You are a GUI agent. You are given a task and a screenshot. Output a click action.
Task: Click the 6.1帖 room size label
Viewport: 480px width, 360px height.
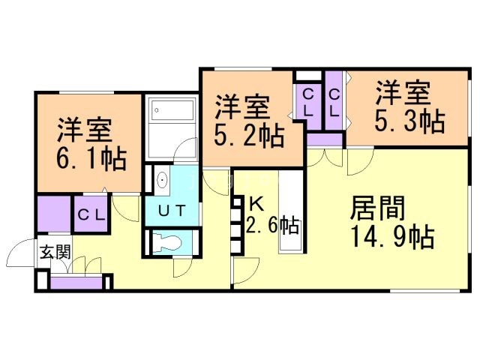pyautogui.click(x=91, y=159)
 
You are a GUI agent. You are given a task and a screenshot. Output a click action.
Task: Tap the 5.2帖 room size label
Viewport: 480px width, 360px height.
pyautogui.click(x=249, y=136)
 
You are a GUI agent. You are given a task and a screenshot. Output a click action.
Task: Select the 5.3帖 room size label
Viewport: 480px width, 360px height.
pyautogui.click(x=409, y=121)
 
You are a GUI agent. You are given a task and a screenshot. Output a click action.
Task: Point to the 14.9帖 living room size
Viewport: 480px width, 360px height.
pyautogui.click(x=393, y=237)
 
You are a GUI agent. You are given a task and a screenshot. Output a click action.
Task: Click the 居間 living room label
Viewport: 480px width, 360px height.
pyautogui.click(x=378, y=208)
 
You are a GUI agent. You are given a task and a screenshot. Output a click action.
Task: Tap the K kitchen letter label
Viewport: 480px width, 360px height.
pyautogui.click(x=256, y=204)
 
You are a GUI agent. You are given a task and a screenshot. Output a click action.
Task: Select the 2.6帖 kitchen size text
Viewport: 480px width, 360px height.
pyautogui.click(x=272, y=225)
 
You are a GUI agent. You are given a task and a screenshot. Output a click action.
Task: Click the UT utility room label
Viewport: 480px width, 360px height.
pyautogui.click(x=172, y=211)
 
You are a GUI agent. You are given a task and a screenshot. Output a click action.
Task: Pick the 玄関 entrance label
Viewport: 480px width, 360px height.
pyautogui.click(x=55, y=252)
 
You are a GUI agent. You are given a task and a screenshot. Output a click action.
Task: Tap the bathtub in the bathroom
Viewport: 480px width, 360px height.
pyautogui.click(x=173, y=110)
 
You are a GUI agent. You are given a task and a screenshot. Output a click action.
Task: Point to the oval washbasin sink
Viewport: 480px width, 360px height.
pyautogui.click(x=162, y=180)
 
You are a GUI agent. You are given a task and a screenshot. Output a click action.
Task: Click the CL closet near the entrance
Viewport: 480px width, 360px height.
pyautogui.click(x=91, y=214)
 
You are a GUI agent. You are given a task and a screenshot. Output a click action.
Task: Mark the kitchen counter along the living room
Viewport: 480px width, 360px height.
pyautogui.click(x=290, y=211)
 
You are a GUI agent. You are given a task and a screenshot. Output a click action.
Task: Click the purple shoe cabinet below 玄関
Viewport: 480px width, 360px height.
pyautogui.click(x=76, y=283)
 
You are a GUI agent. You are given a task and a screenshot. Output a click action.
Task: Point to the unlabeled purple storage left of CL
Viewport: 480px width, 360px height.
pyautogui.click(x=54, y=214)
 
